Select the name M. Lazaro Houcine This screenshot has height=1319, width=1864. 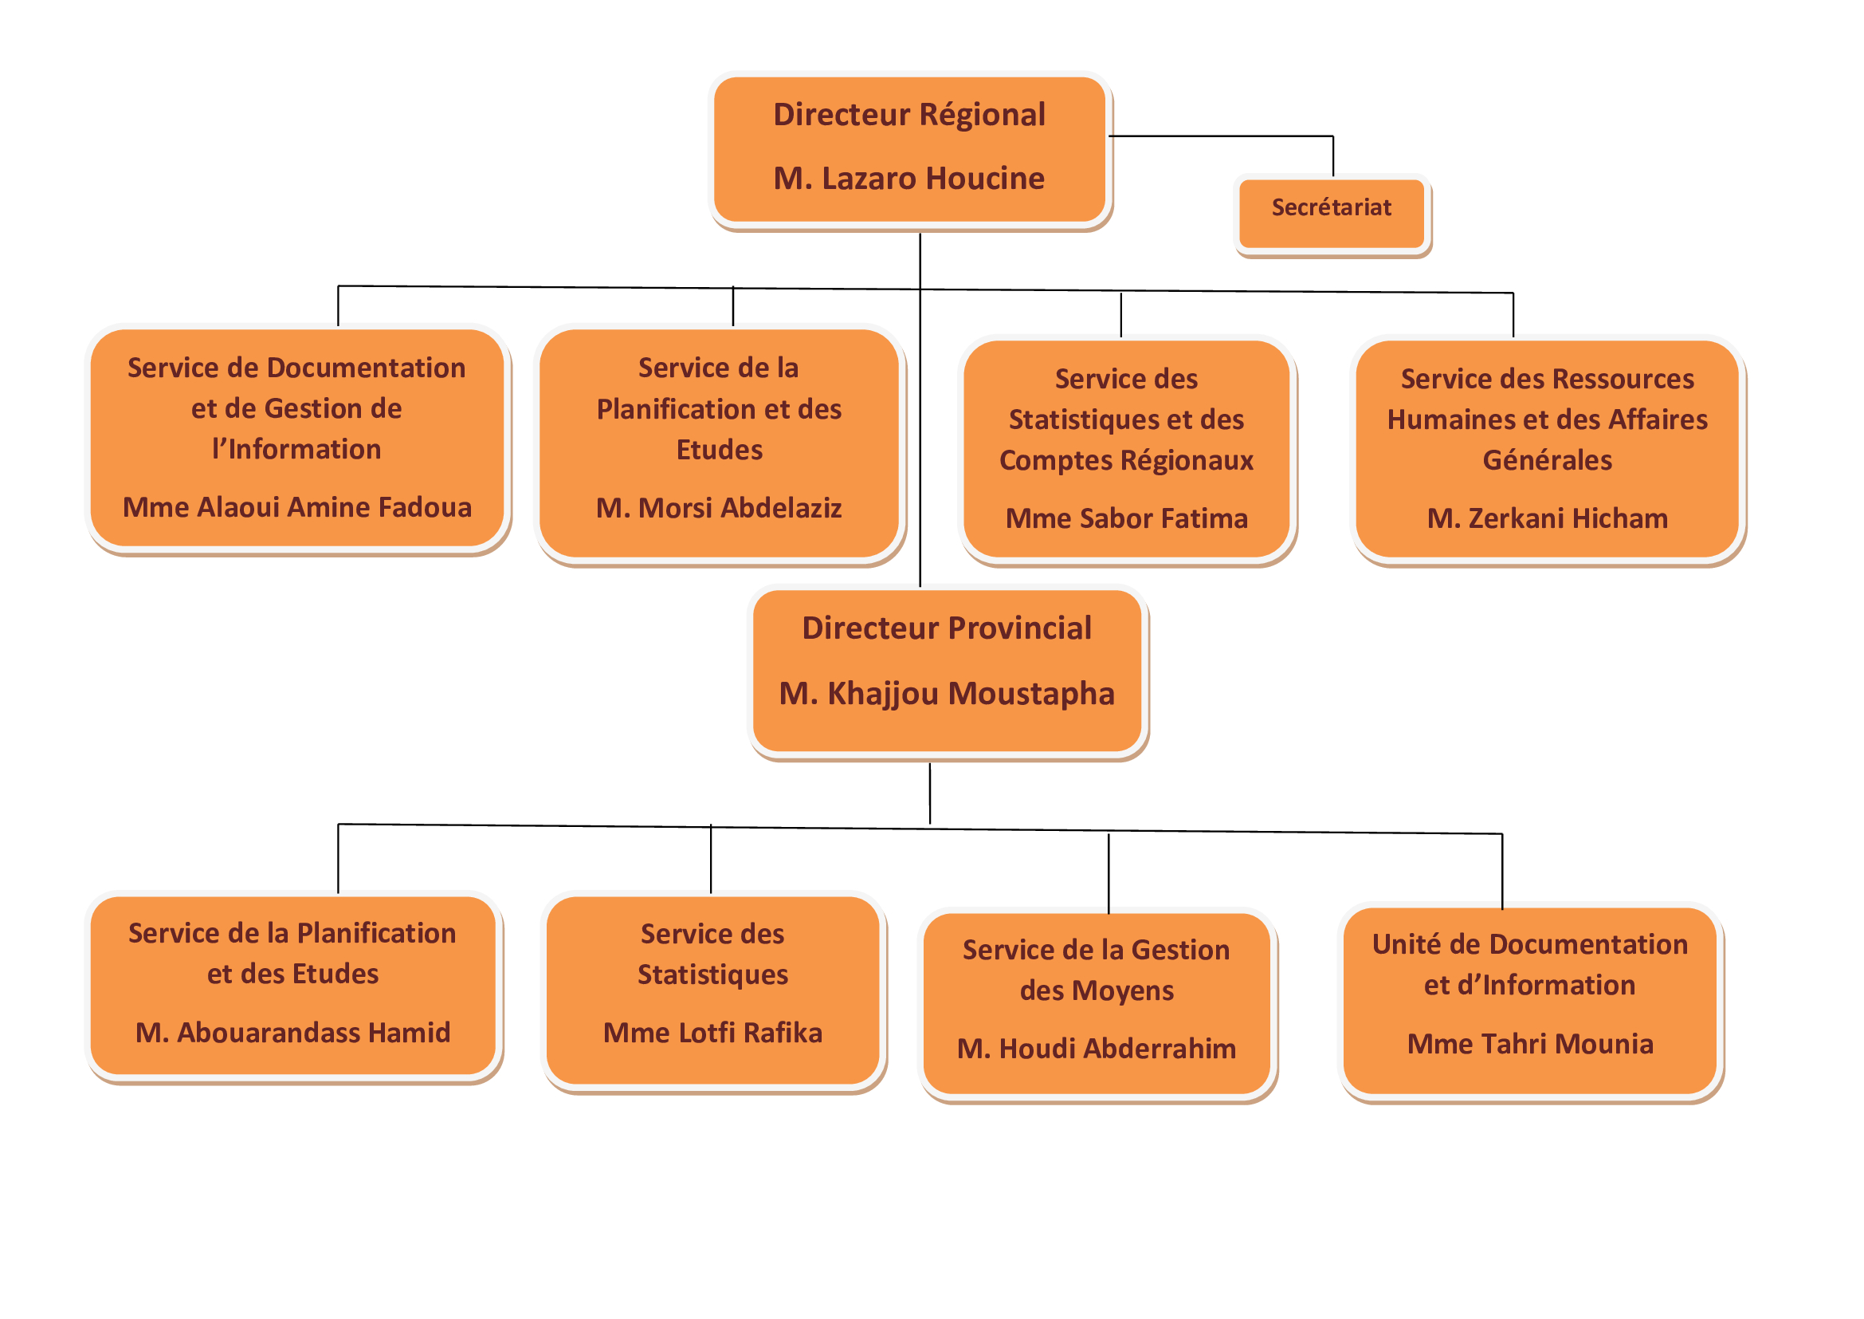[908, 179]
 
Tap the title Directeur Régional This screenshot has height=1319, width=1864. [908, 115]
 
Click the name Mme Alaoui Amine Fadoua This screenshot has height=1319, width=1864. [297, 508]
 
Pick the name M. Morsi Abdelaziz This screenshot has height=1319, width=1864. [719, 509]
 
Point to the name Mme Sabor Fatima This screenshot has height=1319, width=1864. [1126, 519]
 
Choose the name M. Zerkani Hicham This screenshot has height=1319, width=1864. [1547, 519]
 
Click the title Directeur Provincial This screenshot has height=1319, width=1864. [946, 628]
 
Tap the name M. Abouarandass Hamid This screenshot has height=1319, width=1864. [293, 1033]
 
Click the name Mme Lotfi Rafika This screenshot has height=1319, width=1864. [712, 1033]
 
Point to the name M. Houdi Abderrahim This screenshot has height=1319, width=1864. [1096, 1049]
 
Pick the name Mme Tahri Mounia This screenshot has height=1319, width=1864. [1529, 1045]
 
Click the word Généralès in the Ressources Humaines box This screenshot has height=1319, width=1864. [1547, 460]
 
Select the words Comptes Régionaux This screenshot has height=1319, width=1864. [1126, 460]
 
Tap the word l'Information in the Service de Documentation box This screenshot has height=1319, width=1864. [296, 449]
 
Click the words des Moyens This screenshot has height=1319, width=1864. [1096, 991]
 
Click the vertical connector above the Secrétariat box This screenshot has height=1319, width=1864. [1332, 156]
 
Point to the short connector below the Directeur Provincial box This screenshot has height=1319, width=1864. [929, 793]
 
